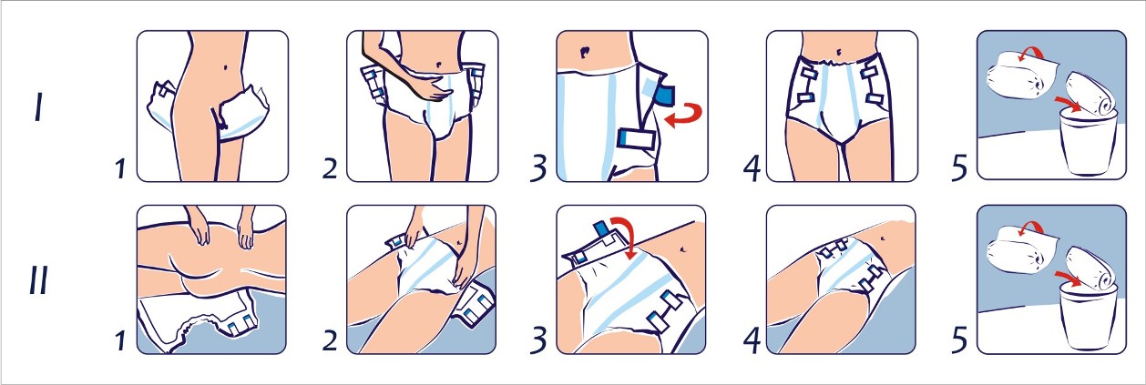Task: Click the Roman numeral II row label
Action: coord(38,279)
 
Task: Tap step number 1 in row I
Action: coord(120,168)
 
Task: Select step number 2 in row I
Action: coord(330,168)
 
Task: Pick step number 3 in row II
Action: coord(538,340)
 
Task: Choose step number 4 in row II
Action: coord(752,340)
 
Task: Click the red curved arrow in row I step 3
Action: coord(683,115)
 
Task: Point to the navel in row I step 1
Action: coord(226,67)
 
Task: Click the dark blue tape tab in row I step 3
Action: coord(665,95)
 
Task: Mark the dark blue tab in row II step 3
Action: coord(600,228)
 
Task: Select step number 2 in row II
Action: coord(330,340)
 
